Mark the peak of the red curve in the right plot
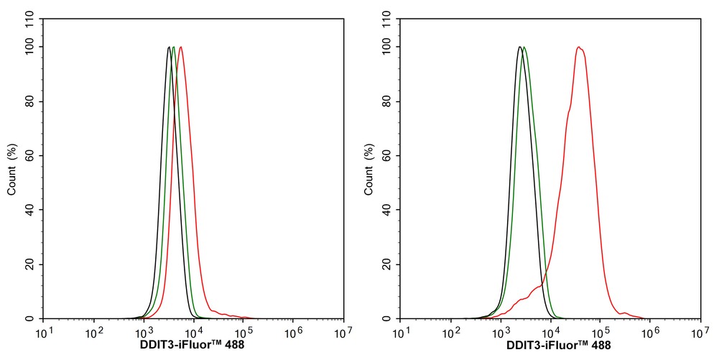click(578, 47)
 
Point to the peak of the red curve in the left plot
click(180, 47)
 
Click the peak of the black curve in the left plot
click(169, 47)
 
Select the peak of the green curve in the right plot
click(524, 47)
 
